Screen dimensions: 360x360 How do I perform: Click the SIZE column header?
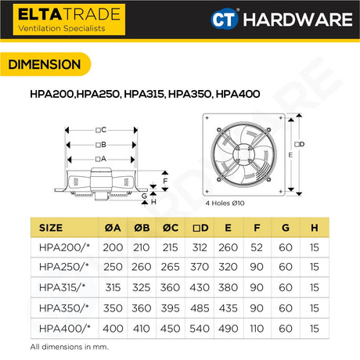tap(51, 228)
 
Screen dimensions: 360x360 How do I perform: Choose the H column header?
tap(314, 228)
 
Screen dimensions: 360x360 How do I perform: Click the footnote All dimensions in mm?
tap(69, 346)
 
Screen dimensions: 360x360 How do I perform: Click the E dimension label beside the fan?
tap(290, 155)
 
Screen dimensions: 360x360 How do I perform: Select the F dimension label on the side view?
tap(164, 179)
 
